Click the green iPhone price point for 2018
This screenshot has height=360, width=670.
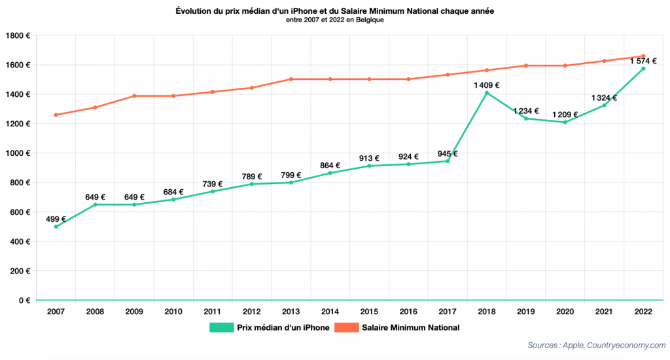point(487,93)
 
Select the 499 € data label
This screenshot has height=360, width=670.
point(56,219)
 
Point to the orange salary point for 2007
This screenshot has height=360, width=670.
point(56,115)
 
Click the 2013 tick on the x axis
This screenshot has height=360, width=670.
point(291,312)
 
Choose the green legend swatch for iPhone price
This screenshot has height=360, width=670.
point(221,327)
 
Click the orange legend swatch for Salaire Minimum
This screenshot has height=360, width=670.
point(346,327)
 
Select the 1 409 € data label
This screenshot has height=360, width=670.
point(487,85)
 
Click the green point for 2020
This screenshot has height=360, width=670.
point(565,122)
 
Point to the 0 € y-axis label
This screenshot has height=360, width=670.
point(24,300)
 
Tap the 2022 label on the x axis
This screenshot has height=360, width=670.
point(643,312)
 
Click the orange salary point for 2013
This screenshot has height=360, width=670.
point(291,79)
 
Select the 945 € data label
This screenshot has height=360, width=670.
point(448,154)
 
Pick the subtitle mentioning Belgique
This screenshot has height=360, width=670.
point(335,20)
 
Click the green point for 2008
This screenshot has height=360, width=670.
point(96,205)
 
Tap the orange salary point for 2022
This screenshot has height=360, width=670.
point(643,56)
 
